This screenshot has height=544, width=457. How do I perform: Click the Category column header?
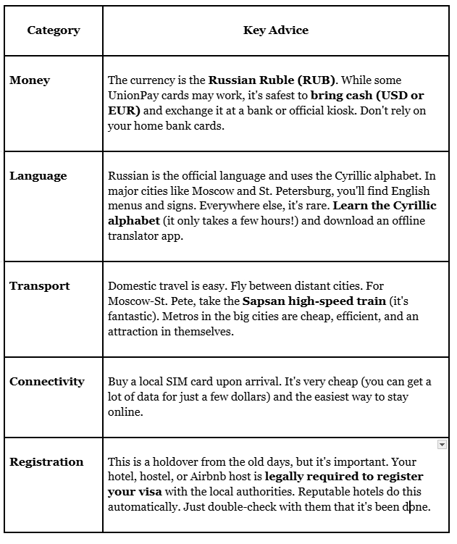pos(54,30)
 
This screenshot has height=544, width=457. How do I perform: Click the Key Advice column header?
pos(276,30)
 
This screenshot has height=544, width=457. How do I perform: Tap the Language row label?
pos(38,176)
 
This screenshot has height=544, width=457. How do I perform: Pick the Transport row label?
pos(40,286)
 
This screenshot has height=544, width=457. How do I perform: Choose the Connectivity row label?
pos(47,382)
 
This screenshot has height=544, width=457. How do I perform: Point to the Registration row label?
pos(46,462)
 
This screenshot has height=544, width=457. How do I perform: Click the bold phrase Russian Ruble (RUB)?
pos(255,80)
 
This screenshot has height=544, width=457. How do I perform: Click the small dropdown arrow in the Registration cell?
pos(442,444)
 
